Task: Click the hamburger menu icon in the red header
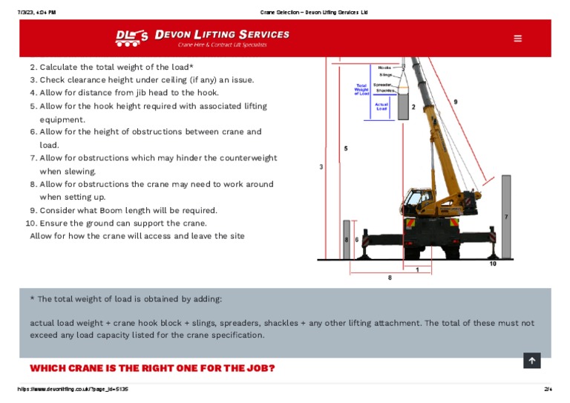coord(517,39)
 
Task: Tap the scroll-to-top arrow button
coord(531,361)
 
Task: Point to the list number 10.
coord(30,223)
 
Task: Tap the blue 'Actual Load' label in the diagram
coord(381,107)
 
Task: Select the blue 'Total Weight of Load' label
coord(361,89)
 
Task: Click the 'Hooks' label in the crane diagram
coord(384,68)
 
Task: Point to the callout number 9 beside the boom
coord(456,101)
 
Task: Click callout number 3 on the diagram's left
coord(321,167)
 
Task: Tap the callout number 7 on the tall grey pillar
coord(505,217)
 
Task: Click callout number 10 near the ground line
coord(493,264)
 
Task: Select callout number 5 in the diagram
coord(346,148)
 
